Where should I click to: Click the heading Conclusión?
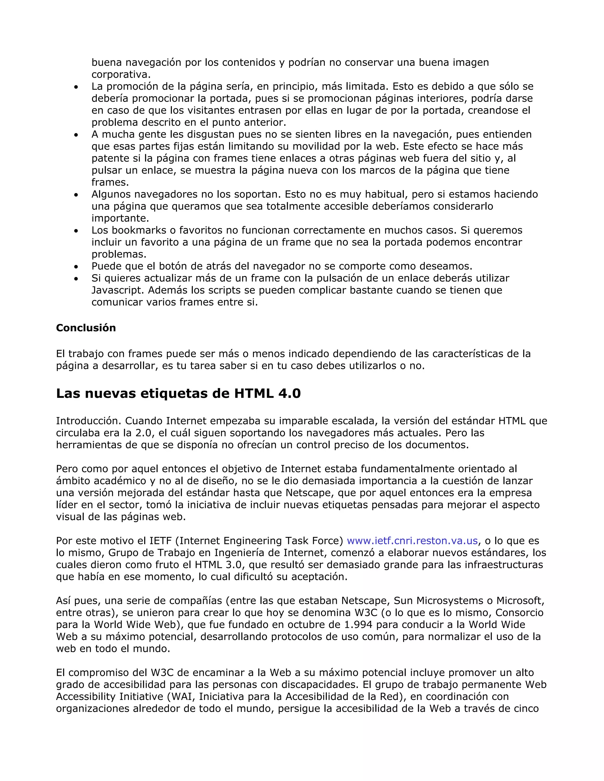click(x=86, y=328)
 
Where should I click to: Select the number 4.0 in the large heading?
click(x=289, y=393)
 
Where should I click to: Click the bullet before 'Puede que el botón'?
click(x=76, y=267)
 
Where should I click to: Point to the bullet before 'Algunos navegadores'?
click(x=76, y=195)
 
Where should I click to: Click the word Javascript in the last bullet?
click(x=118, y=290)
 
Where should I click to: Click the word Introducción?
click(x=88, y=421)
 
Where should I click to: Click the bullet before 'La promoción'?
click(x=76, y=87)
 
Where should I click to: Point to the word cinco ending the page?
click(x=526, y=708)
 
